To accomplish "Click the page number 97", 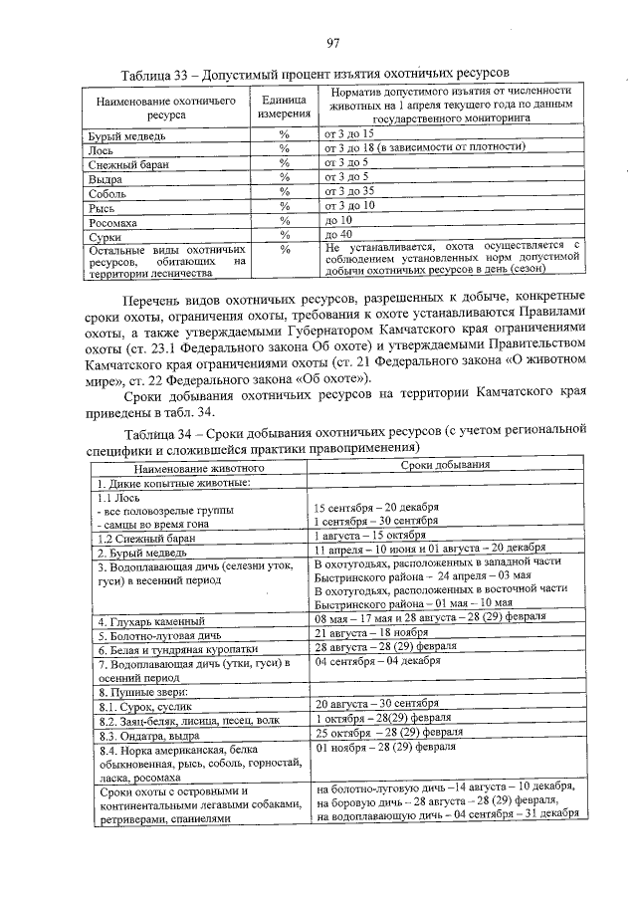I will pos(333,41).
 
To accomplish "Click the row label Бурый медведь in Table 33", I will pos(126,133).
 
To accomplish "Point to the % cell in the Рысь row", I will pos(285,206).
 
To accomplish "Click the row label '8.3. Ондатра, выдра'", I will pos(153,736).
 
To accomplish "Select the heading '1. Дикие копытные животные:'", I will pos(166,482).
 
